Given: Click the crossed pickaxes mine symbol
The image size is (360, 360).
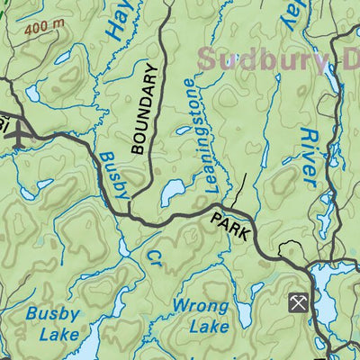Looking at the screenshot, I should (x=298, y=302).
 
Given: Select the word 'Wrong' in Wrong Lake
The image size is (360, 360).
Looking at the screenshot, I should (x=199, y=306).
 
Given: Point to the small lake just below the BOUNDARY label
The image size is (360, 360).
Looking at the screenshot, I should (x=173, y=191).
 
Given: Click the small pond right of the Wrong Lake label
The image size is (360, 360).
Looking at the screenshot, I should (x=246, y=315).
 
